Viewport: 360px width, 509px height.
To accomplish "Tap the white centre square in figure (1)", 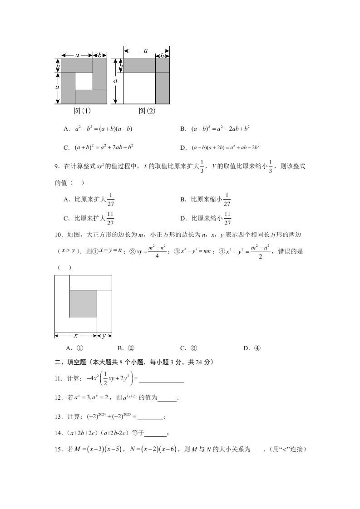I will coord(84,81).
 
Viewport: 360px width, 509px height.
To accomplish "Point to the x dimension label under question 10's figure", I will coord(76,336).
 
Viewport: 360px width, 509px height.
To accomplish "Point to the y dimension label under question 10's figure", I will coord(104,336).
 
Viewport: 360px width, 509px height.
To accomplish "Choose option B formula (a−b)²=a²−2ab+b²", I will coord(221,129).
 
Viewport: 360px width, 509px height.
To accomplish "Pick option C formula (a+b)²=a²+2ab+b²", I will coord(104,147).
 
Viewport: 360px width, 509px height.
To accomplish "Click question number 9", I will coord(58,167).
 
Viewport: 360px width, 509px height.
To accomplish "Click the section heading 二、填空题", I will coord(70,362).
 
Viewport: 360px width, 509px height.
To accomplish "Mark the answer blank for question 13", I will coord(149,417).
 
